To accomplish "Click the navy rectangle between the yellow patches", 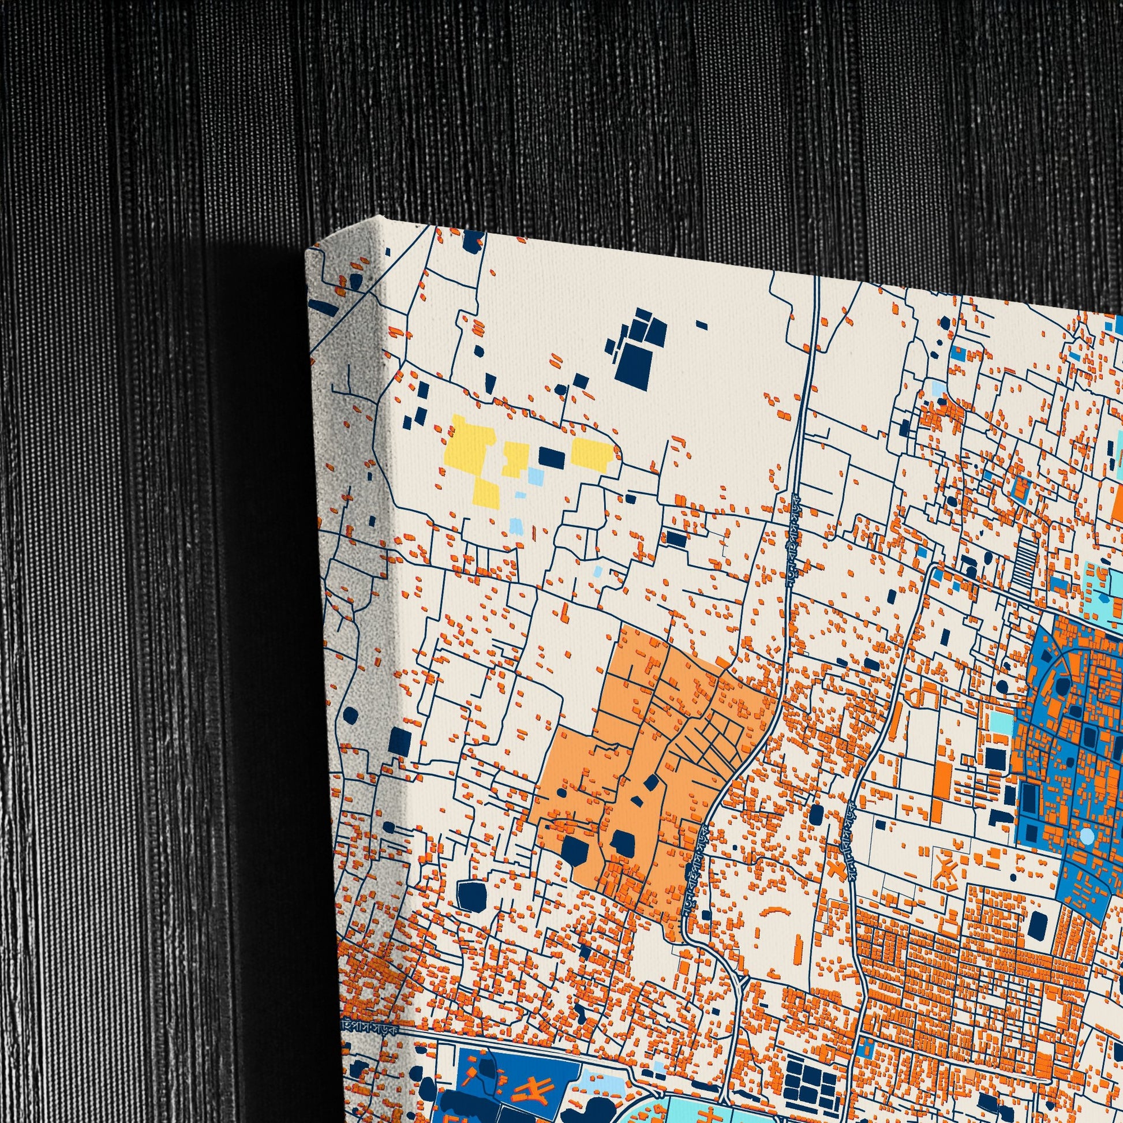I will point(551,458).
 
